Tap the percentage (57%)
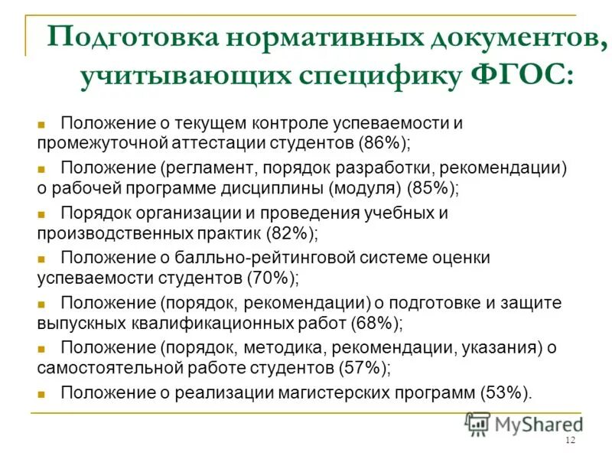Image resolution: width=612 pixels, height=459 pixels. tap(363, 367)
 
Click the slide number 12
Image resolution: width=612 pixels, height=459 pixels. tap(569, 441)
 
